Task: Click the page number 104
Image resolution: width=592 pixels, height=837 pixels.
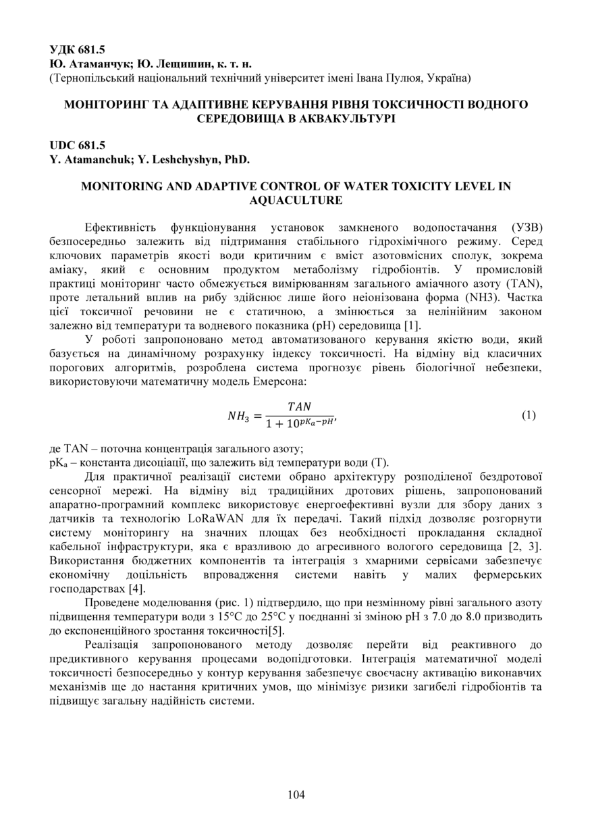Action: coord(296,794)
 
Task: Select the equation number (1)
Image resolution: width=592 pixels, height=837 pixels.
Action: coord(529,415)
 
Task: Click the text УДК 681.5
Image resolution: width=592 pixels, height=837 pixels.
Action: coord(77,50)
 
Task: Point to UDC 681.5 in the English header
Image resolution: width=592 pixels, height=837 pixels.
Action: coord(77,145)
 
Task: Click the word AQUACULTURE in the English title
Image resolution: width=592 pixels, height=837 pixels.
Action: coord(296,200)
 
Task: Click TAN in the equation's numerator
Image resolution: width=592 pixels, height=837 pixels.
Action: coord(299,406)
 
